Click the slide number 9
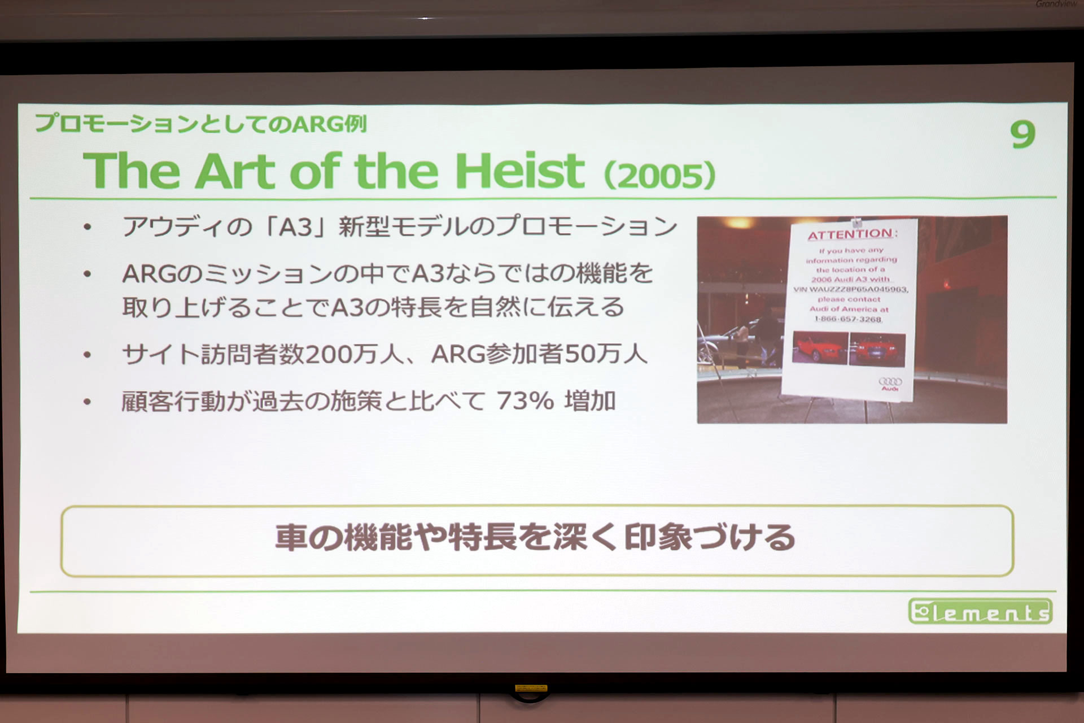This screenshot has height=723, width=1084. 1022,135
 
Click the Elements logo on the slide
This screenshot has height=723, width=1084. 980,612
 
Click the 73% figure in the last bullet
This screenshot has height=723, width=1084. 525,401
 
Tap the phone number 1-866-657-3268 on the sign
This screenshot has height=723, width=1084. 847,319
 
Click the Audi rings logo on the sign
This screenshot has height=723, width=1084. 890,382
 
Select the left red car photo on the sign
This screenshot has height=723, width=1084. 819,347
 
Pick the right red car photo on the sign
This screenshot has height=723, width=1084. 877,350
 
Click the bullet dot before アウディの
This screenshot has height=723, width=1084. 87,228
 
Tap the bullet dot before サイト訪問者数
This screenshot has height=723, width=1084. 87,355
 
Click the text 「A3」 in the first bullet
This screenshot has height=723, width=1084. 294,227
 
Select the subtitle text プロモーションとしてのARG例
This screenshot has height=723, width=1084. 201,124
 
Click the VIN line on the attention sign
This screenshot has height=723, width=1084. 851,289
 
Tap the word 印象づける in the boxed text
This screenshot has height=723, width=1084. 710,537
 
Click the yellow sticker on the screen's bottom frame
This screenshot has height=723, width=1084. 531,688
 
